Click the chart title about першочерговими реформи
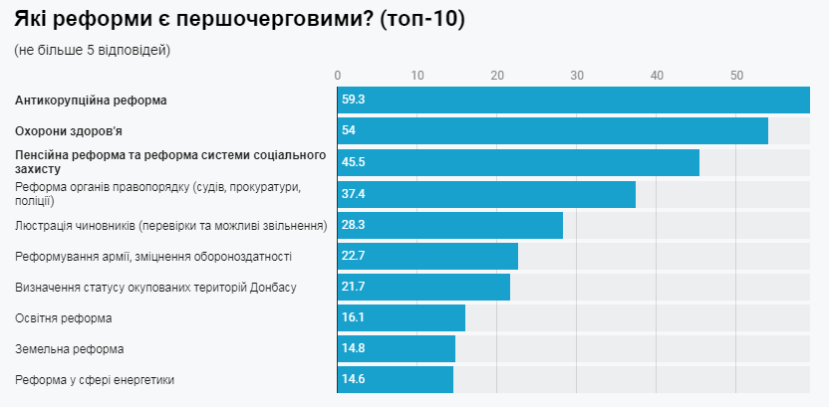239,20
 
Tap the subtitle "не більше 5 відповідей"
93,51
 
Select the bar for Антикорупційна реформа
573,101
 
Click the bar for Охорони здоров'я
552,131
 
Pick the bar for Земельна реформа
396,349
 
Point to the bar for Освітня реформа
401,318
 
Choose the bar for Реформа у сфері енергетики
395,380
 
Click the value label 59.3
353,101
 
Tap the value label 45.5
353,162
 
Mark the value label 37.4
353,194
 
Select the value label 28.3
353,225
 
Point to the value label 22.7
353,257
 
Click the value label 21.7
353,288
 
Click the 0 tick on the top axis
338,76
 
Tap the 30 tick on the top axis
577,76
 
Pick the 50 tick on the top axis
736,76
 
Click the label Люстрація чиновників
171,226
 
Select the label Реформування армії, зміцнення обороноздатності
153,257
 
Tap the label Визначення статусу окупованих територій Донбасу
156,288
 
